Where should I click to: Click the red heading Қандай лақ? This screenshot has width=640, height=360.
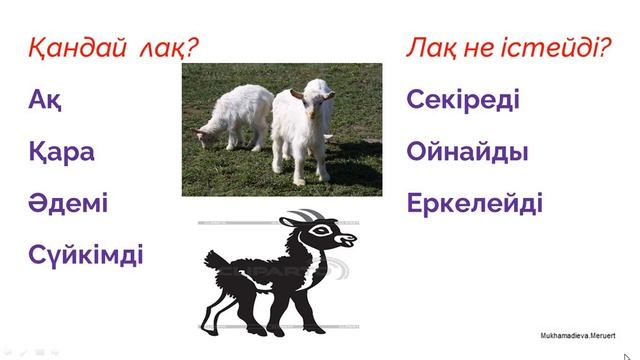pos(109,47)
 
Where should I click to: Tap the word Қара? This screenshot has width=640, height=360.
pos(62,152)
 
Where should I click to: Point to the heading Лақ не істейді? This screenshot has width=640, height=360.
pos(509,47)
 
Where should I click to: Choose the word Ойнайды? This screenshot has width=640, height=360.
pos(468,152)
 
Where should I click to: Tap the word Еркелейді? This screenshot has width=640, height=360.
pos(475,204)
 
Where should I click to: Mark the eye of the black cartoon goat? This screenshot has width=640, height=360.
pos(323,231)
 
